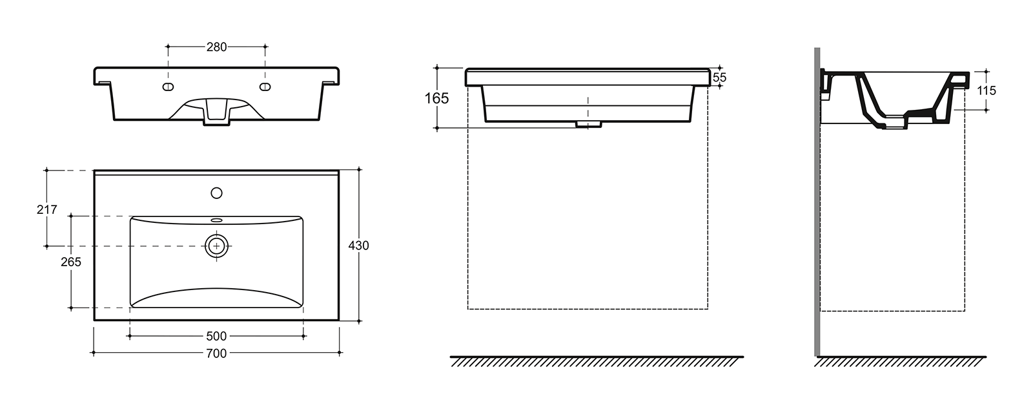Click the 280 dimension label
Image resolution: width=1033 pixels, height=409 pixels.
(216, 47)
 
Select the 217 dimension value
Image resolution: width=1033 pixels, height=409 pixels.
(46, 209)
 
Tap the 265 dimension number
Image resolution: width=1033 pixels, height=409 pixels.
(70, 262)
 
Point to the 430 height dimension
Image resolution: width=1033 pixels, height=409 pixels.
(358, 246)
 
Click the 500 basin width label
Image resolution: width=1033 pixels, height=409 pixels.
(216, 336)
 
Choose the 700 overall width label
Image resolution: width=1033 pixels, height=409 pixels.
(216, 353)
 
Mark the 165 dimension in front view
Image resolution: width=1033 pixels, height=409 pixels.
(436, 98)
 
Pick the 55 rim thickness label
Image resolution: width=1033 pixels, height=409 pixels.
(719, 78)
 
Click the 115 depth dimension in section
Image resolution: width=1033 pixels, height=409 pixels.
(987, 90)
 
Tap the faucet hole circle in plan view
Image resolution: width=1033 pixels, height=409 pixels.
(216, 193)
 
